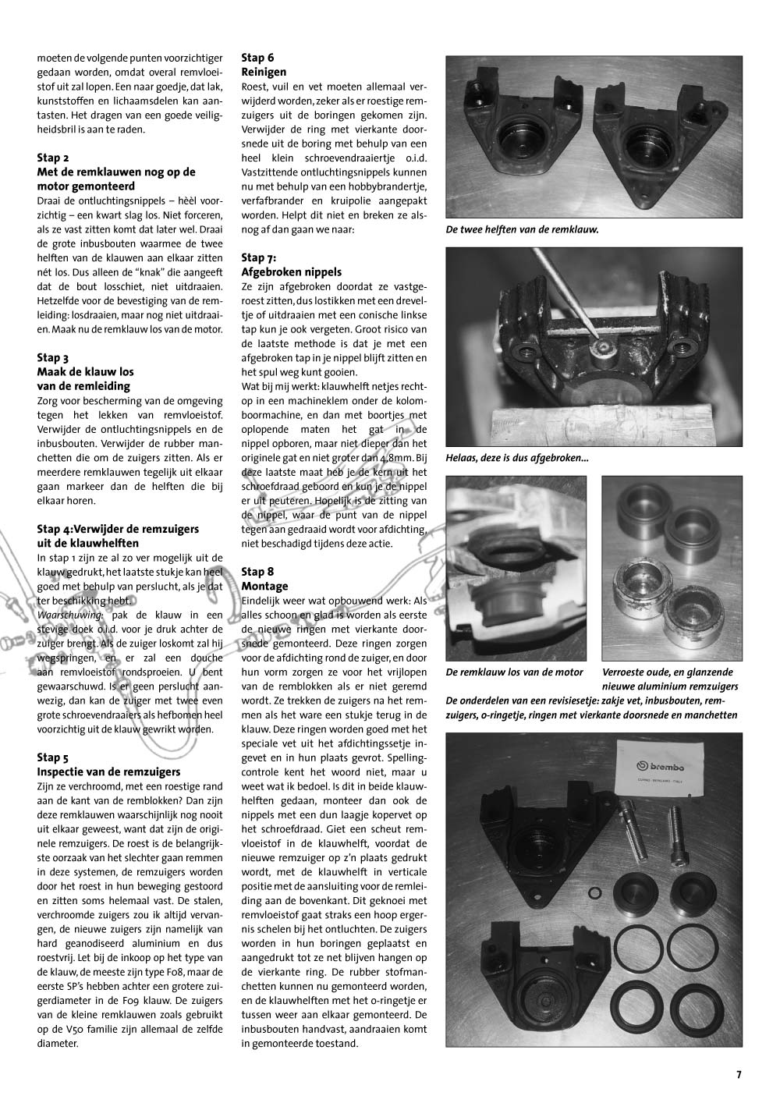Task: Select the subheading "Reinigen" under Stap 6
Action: coord(264,72)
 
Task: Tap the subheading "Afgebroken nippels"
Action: coord(292,272)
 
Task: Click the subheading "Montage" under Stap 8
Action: coord(265,586)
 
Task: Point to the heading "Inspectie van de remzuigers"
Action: coord(109,771)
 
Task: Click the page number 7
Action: coord(739,1074)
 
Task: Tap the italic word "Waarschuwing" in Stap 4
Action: coord(69,615)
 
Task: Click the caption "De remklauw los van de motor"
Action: coord(514,672)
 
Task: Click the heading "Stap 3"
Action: coord(53,358)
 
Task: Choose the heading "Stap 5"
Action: coord(53,757)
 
